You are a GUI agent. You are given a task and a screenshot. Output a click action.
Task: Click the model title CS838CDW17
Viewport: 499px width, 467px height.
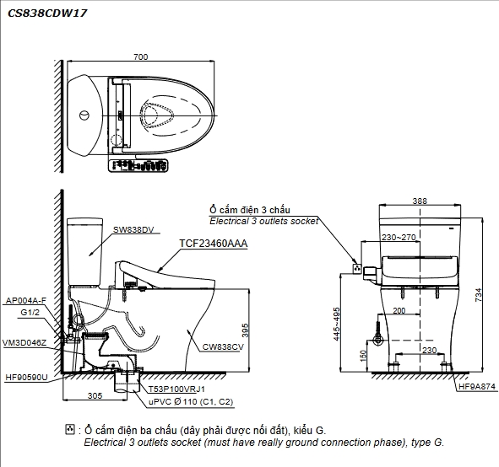point(47,13)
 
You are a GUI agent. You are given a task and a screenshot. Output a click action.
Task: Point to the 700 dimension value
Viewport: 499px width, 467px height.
point(141,56)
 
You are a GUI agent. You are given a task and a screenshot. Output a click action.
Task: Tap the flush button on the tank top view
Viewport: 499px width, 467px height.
point(84,115)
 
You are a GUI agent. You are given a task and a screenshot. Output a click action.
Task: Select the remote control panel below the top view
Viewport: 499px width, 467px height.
point(138,166)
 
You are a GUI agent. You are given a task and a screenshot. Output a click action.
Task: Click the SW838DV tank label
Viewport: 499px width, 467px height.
point(133,229)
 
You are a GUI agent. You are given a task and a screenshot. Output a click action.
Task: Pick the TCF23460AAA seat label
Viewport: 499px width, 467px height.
point(214,244)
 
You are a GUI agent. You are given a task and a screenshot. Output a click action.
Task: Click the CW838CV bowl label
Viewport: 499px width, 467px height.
point(223,347)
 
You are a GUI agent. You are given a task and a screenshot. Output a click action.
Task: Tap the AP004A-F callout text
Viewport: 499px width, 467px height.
point(26,300)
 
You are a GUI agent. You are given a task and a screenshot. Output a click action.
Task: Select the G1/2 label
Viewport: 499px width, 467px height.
point(30,312)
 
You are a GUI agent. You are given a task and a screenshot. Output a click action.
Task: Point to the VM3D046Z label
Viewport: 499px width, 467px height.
point(24,343)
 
